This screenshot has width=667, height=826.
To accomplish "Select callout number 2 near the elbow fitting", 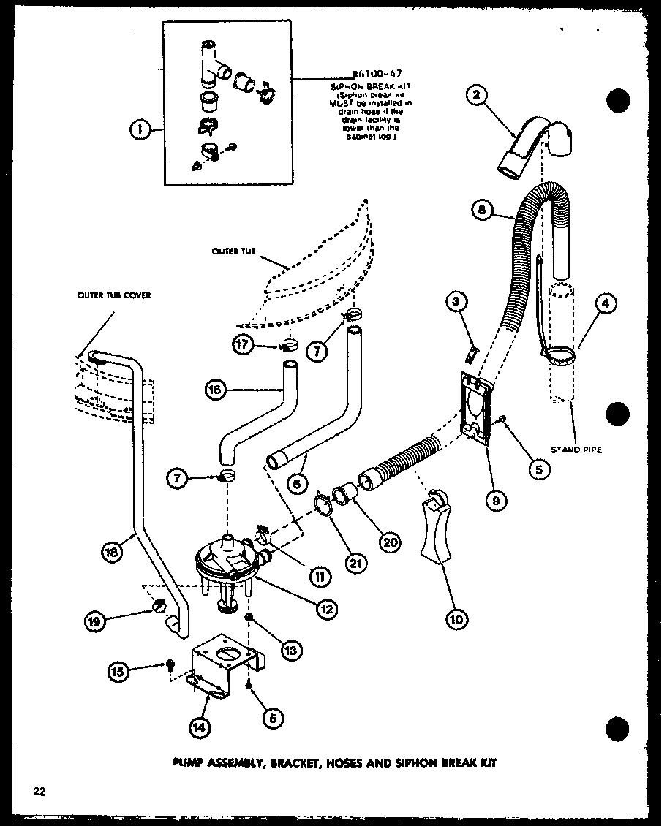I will (478, 96).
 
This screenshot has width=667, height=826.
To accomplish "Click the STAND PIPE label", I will (577, 450).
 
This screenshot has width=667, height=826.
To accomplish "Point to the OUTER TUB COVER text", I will (113, 295).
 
